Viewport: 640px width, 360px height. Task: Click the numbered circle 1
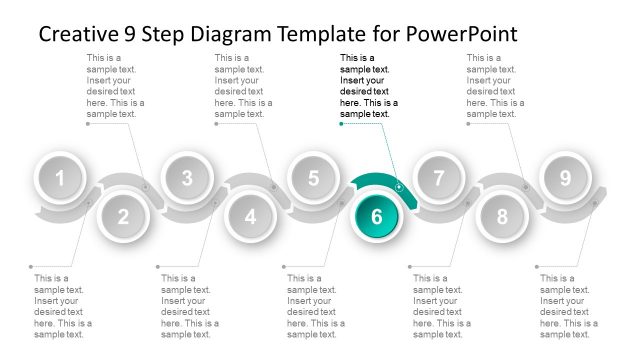(60, 178)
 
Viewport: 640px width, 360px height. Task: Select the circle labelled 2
(123, 216)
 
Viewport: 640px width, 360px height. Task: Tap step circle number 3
(187, 178)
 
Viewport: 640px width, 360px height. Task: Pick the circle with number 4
(250, 216)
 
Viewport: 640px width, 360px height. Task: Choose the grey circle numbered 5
(313, 178)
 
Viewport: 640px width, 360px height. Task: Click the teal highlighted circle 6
(377, 216)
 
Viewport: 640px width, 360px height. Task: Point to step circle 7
(439, 178)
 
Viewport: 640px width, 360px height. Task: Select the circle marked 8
(502, 216)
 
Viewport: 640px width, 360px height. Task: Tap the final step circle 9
(565, 178)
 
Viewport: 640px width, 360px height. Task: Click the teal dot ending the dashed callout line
(341, 124)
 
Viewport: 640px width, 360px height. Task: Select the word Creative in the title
(77, 33)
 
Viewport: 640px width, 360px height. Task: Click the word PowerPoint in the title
(462, 33)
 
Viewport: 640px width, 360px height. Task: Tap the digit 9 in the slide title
(129, 34)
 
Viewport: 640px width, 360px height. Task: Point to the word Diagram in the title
(231, 35)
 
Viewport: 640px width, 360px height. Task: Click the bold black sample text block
(369, 86)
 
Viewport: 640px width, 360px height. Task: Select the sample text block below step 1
(63, 306)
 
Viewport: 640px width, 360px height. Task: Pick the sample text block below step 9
(569, 306)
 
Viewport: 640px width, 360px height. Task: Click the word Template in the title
(322, 35)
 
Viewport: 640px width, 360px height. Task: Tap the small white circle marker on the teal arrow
(399, 187)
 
